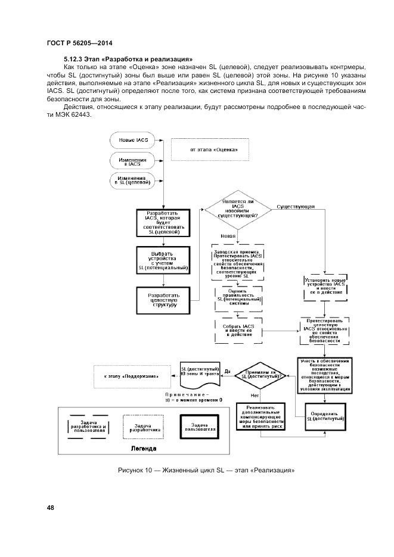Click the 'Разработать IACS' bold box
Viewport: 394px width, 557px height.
pos(163,223)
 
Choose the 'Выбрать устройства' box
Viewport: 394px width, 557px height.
pos(163,261)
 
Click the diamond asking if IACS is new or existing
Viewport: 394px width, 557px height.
pos(238,209)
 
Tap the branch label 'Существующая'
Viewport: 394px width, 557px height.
pos(296,207)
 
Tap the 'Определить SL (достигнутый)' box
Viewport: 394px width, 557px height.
pos(326,416)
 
